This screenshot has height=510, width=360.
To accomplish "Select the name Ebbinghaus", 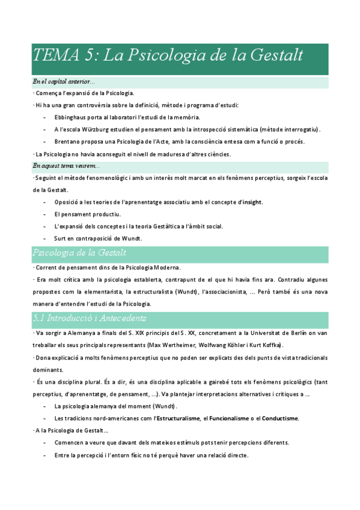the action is (x=72, y=117).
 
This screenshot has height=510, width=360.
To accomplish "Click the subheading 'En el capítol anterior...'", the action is (x=64, y=82).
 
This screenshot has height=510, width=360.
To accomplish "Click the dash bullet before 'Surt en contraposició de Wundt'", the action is (x=46, y=238).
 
